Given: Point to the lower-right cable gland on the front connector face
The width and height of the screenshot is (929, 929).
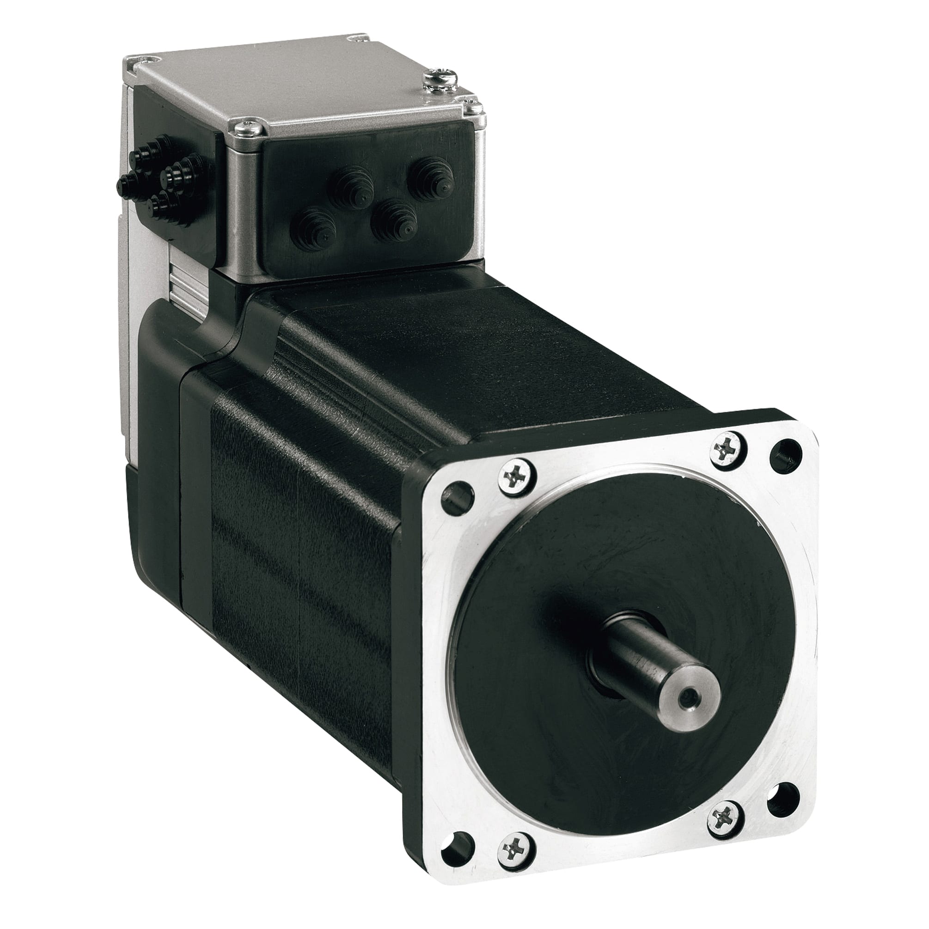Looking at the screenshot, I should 395,225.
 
